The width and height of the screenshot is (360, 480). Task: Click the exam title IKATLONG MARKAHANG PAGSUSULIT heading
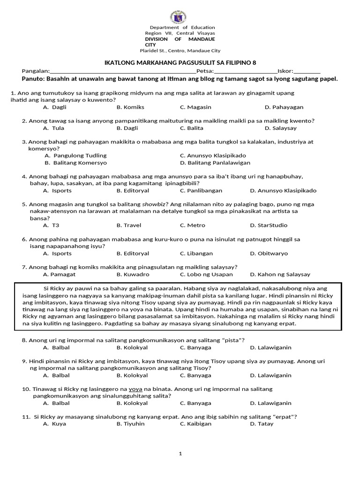(x=180, y=63)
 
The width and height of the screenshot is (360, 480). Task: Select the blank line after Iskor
(x=307, y=72)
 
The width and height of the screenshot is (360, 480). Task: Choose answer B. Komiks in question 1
(x=127, y=107)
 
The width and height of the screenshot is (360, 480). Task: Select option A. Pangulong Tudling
(x=75, y=155)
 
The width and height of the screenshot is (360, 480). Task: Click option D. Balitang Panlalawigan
(x=215, y=163)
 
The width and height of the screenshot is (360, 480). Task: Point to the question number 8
(x=24, y=340)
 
